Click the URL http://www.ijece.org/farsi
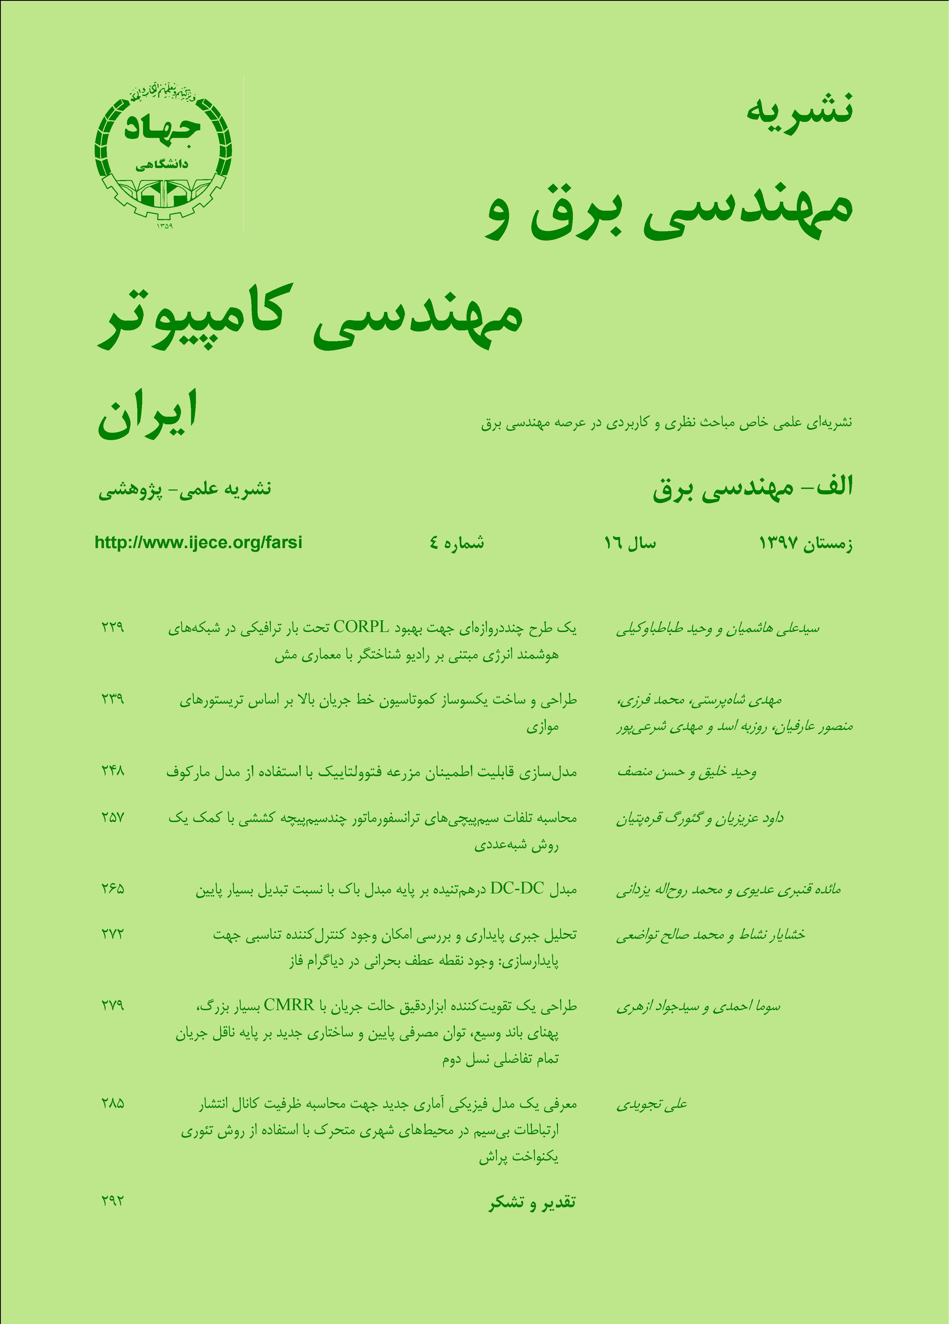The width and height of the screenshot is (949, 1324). pyautogui.click(x=198, y=542)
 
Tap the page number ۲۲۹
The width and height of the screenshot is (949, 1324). pyautogui.click(x=112, y=628)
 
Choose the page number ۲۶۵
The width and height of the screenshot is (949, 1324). pyautogui.click(x=112, y=889)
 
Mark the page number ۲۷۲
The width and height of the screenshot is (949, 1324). pyautogui.click(x=112, y=934)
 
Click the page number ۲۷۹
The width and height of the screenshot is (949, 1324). pyautogui.click(x=112, y=1005)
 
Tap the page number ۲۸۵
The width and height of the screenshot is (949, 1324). pyautogui.click(x=112, y=1103)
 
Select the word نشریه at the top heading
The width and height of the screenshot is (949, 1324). pyautogui.click(x=799, y=108)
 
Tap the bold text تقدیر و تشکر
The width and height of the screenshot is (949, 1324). pyautogui.click(x=532, y=1203)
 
